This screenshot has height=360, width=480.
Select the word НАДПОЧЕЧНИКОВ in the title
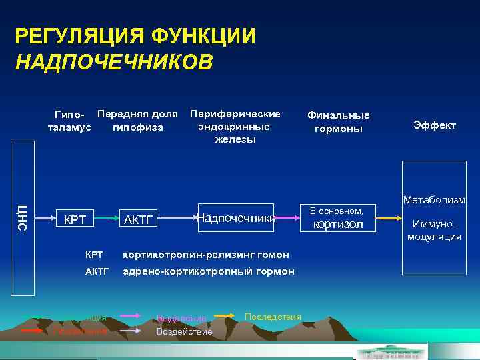[x=114, y=62]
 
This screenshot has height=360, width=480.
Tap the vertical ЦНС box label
[x=22, y=218]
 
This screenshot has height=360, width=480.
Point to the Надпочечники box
[x=235, y=217]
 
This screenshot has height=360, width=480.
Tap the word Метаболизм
[x=434, y=200]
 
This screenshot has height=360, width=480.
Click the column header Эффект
[x=434, y=125]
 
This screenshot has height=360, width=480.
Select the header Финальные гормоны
[x=338, y=121]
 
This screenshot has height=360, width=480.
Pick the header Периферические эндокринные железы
[x=235, y=126]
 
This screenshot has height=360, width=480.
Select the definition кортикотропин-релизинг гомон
[x=205, y=255]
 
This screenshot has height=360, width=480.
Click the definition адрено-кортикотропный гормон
[x=207, y=271]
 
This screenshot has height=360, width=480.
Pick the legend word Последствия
[x=273, y=316]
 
